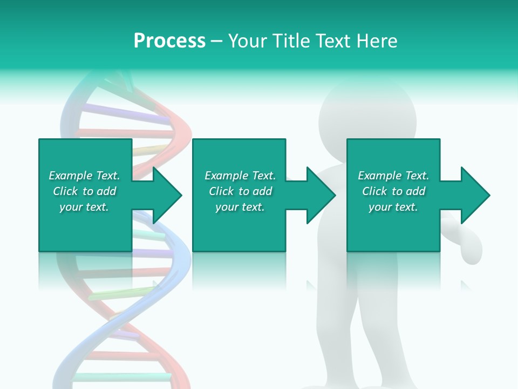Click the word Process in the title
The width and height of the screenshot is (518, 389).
click(x=169, y=41)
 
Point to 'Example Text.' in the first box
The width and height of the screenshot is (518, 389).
click(x=84, y=176)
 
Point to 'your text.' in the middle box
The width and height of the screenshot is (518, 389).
click(x=240, y=207)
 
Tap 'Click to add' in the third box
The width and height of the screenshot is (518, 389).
click(x=393, y=191)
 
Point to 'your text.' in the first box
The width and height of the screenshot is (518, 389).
click(x=84, y=207)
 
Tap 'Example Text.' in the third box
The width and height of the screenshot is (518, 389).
click(x=393, y=176)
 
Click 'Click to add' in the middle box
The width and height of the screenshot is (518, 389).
click(x=240, y=191)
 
